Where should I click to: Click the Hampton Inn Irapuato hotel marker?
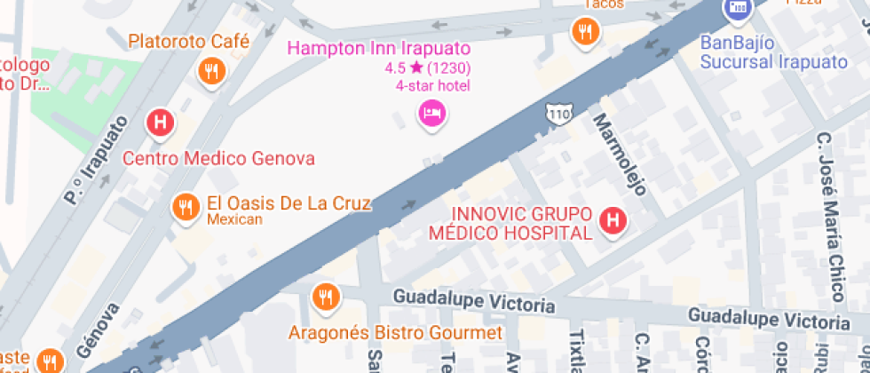click(x=431, y=113)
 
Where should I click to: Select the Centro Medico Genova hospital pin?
click(x=160, y=123)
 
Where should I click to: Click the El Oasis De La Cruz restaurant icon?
click(x=185, y=207)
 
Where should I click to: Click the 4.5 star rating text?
click(x=427, y=67)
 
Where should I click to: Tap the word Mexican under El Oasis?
click(x=234, y=219)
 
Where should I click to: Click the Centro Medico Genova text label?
click(x=218, y=159)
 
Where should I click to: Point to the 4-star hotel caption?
click(x=432, y=86)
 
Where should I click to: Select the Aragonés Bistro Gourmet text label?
click(x=396, y=333)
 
